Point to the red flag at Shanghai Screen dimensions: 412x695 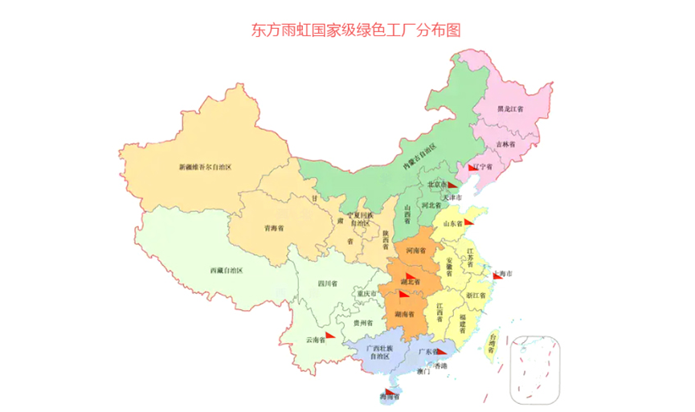tap(498, 277)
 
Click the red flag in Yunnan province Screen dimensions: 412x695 tap(330, 336)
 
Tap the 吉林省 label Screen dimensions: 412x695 tap(505, 144)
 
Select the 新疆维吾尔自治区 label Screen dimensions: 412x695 tap(205, 168)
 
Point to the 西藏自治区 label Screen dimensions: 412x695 tap(227, 269)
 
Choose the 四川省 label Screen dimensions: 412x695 tap(327, 284)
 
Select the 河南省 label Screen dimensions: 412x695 tap(416, 251)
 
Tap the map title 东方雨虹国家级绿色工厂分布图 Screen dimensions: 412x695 tap(356, 30)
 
